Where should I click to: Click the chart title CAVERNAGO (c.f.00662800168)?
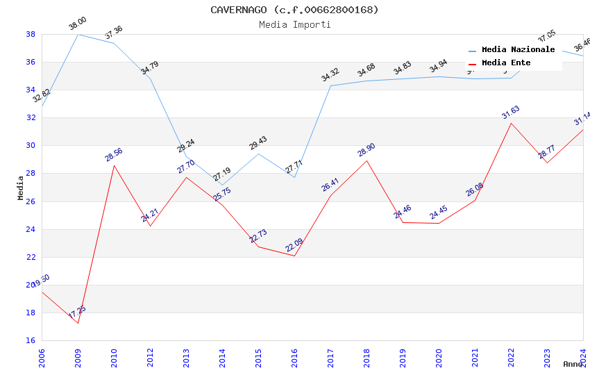tap(295, 10)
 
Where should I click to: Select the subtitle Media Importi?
tap(295, 24)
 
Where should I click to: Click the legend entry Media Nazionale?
tap(518, 50)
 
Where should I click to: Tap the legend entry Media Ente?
tap(506, 63)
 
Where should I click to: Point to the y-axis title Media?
tap(21, 188)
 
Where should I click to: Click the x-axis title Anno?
tap(573, 364)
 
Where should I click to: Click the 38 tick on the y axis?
tap(31, 34)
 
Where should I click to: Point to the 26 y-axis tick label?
tap(31, 201)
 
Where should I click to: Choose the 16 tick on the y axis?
tap(31, 340)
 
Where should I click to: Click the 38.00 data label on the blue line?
tap(78, 24)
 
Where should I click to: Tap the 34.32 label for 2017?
tap(330, 75)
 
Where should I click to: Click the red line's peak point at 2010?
tap(114, 165)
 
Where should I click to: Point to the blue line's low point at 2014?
tap(222, 185)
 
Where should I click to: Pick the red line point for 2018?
tap(366, 160)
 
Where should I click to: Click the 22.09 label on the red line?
tap(294, 245)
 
